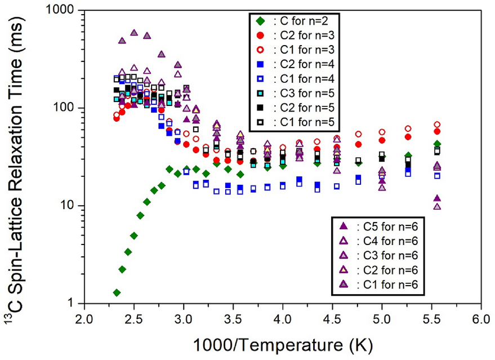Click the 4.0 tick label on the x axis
coord(282,319)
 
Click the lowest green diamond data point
coord(117,292)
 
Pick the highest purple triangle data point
coord(134,33)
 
